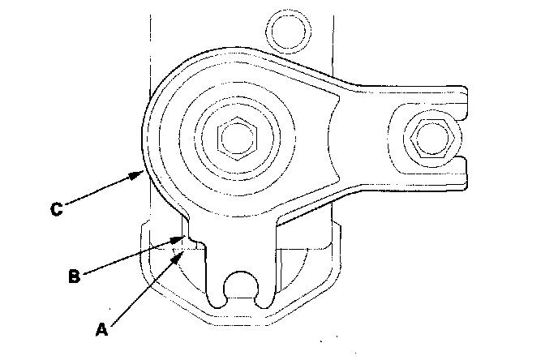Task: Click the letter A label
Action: coord(101,329)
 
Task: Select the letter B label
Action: coord(72,276)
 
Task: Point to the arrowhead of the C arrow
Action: coord(142,172)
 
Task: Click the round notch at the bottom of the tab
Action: coord(240,285)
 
